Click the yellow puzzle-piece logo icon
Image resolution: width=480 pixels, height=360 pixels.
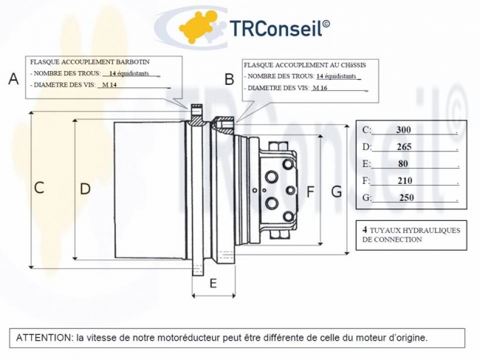click(196, 27)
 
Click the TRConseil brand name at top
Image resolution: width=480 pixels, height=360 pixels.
click(279, 28)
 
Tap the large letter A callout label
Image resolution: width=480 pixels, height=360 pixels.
click(13, 79)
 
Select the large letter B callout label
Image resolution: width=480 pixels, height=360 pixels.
click(229, 79)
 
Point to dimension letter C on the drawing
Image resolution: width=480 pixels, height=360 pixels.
click(39, 188)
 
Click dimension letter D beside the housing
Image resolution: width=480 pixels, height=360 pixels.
click(85, 189)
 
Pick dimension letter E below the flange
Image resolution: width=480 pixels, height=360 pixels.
click(213, 283)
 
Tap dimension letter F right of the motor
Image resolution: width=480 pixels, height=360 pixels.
click(310, 191)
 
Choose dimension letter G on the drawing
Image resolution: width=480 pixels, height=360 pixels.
click(337, 192)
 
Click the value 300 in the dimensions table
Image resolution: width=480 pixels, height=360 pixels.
click(403, 130)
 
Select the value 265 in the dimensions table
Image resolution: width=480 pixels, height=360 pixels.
click(404, 147)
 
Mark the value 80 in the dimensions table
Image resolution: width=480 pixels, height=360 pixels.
click(403, 164)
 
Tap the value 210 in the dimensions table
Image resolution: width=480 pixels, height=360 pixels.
click(405, 181)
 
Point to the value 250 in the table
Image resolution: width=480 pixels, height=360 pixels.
click(407, 197)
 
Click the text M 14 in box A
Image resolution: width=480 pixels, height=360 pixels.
click(109, 85)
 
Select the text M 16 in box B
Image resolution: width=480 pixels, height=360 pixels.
click(320, 88)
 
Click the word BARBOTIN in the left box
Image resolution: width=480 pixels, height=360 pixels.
click(132, 62)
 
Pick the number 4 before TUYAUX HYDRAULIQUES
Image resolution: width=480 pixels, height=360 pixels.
click(365, 229)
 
